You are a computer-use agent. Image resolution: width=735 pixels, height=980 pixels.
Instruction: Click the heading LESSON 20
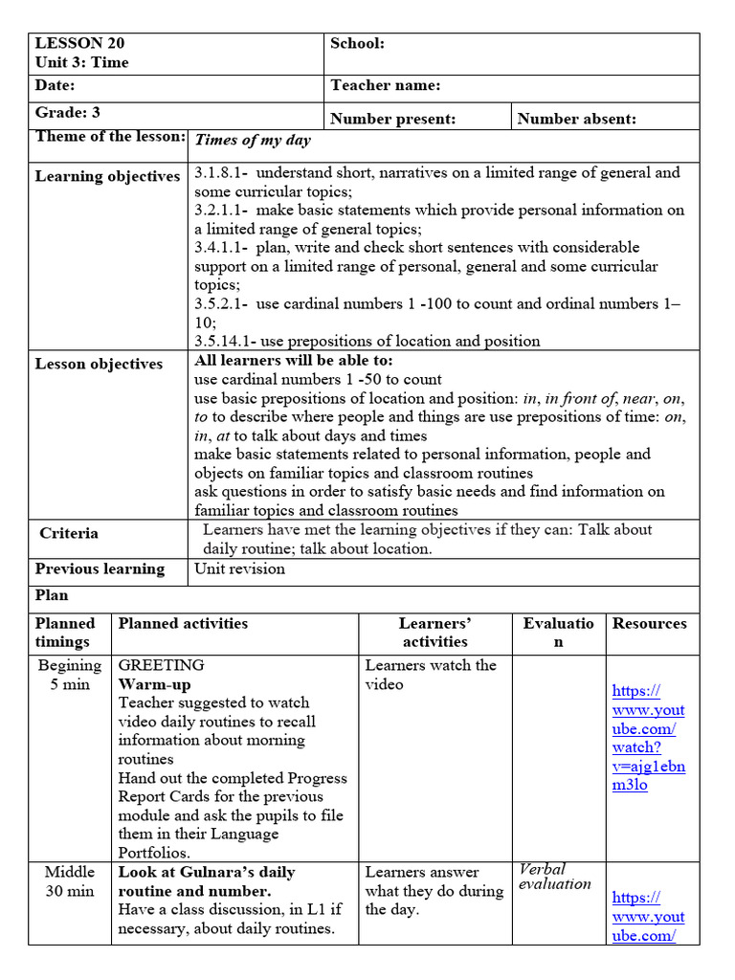pos(79,43)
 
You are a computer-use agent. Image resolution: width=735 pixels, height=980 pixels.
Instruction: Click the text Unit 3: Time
pos(81,62)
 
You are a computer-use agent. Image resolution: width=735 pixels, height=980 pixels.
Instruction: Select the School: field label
pos(357,43)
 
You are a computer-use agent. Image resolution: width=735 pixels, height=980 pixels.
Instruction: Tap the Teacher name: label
pos(385,85)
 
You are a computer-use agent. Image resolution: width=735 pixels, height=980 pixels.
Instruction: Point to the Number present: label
pos(392,119)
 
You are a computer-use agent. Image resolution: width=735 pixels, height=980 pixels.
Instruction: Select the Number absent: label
pos(576,119)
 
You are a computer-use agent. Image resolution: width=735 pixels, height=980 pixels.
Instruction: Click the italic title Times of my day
pos(253,140)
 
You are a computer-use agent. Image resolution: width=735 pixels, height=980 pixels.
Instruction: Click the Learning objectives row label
pos(107,176)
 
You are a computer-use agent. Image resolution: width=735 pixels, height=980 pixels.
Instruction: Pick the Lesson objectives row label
pos(99,364)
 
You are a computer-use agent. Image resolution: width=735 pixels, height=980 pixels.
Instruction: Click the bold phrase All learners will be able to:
pos(294,361)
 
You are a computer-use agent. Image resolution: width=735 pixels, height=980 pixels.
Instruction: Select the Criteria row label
pos(69,533)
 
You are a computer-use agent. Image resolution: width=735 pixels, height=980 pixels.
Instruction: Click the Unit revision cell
pos(239,568)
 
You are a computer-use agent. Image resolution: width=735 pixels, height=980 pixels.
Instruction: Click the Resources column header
pos(649,623)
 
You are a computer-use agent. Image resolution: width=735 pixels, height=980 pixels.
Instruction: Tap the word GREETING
pos(161,665)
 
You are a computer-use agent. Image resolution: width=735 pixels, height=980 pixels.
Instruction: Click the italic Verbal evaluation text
pos(554,877)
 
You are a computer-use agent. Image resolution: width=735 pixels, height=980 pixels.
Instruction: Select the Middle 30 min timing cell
pos(70,881)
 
